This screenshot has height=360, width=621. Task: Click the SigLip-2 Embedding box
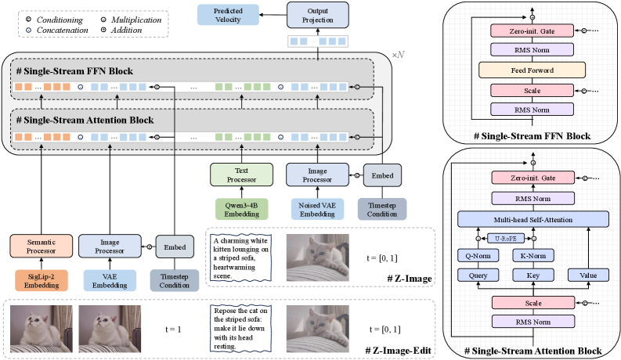(x=38, y=279)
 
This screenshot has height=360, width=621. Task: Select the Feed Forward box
(x=533, y=70)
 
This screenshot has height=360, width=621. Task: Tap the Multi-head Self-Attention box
(x=533, y=219)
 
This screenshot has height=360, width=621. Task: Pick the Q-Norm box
(x=478, y=254)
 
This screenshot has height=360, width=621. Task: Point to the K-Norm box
(x=533, y=254)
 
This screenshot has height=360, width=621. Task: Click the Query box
(x=478, y=275)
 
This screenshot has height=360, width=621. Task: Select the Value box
(x=588, y=275)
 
